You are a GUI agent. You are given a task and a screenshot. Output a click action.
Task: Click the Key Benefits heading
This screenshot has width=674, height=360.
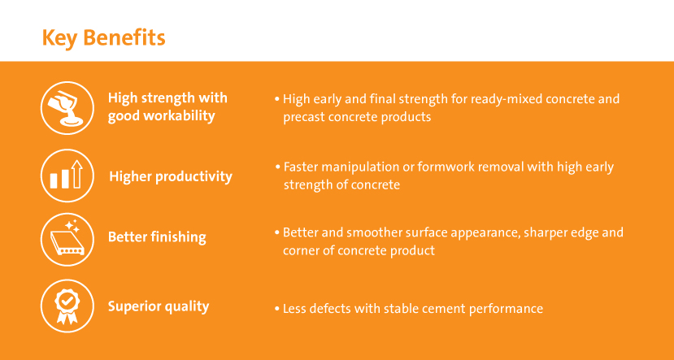(103, 38)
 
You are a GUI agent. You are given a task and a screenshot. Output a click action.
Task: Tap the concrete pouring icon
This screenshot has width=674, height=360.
(67, 108)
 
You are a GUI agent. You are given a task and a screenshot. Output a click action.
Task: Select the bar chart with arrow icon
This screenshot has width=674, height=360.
(67, 176)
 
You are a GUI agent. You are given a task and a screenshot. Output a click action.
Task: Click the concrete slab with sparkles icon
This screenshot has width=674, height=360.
(67, 239)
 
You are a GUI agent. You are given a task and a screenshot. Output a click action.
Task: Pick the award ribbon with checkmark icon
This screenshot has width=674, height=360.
(67, 306)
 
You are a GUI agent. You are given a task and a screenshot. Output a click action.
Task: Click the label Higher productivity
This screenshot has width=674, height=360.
(171, 176)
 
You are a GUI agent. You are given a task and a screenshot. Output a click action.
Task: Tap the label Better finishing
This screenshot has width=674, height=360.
(157, 237)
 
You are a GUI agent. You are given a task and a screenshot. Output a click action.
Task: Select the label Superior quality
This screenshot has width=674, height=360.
(159, 306)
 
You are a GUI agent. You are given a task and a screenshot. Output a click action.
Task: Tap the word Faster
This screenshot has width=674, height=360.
(300, 167)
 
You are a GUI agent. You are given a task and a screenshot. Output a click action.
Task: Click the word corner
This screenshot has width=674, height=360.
(300, 250)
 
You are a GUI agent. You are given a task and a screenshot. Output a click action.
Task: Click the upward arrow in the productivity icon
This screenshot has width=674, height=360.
(77, 174)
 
